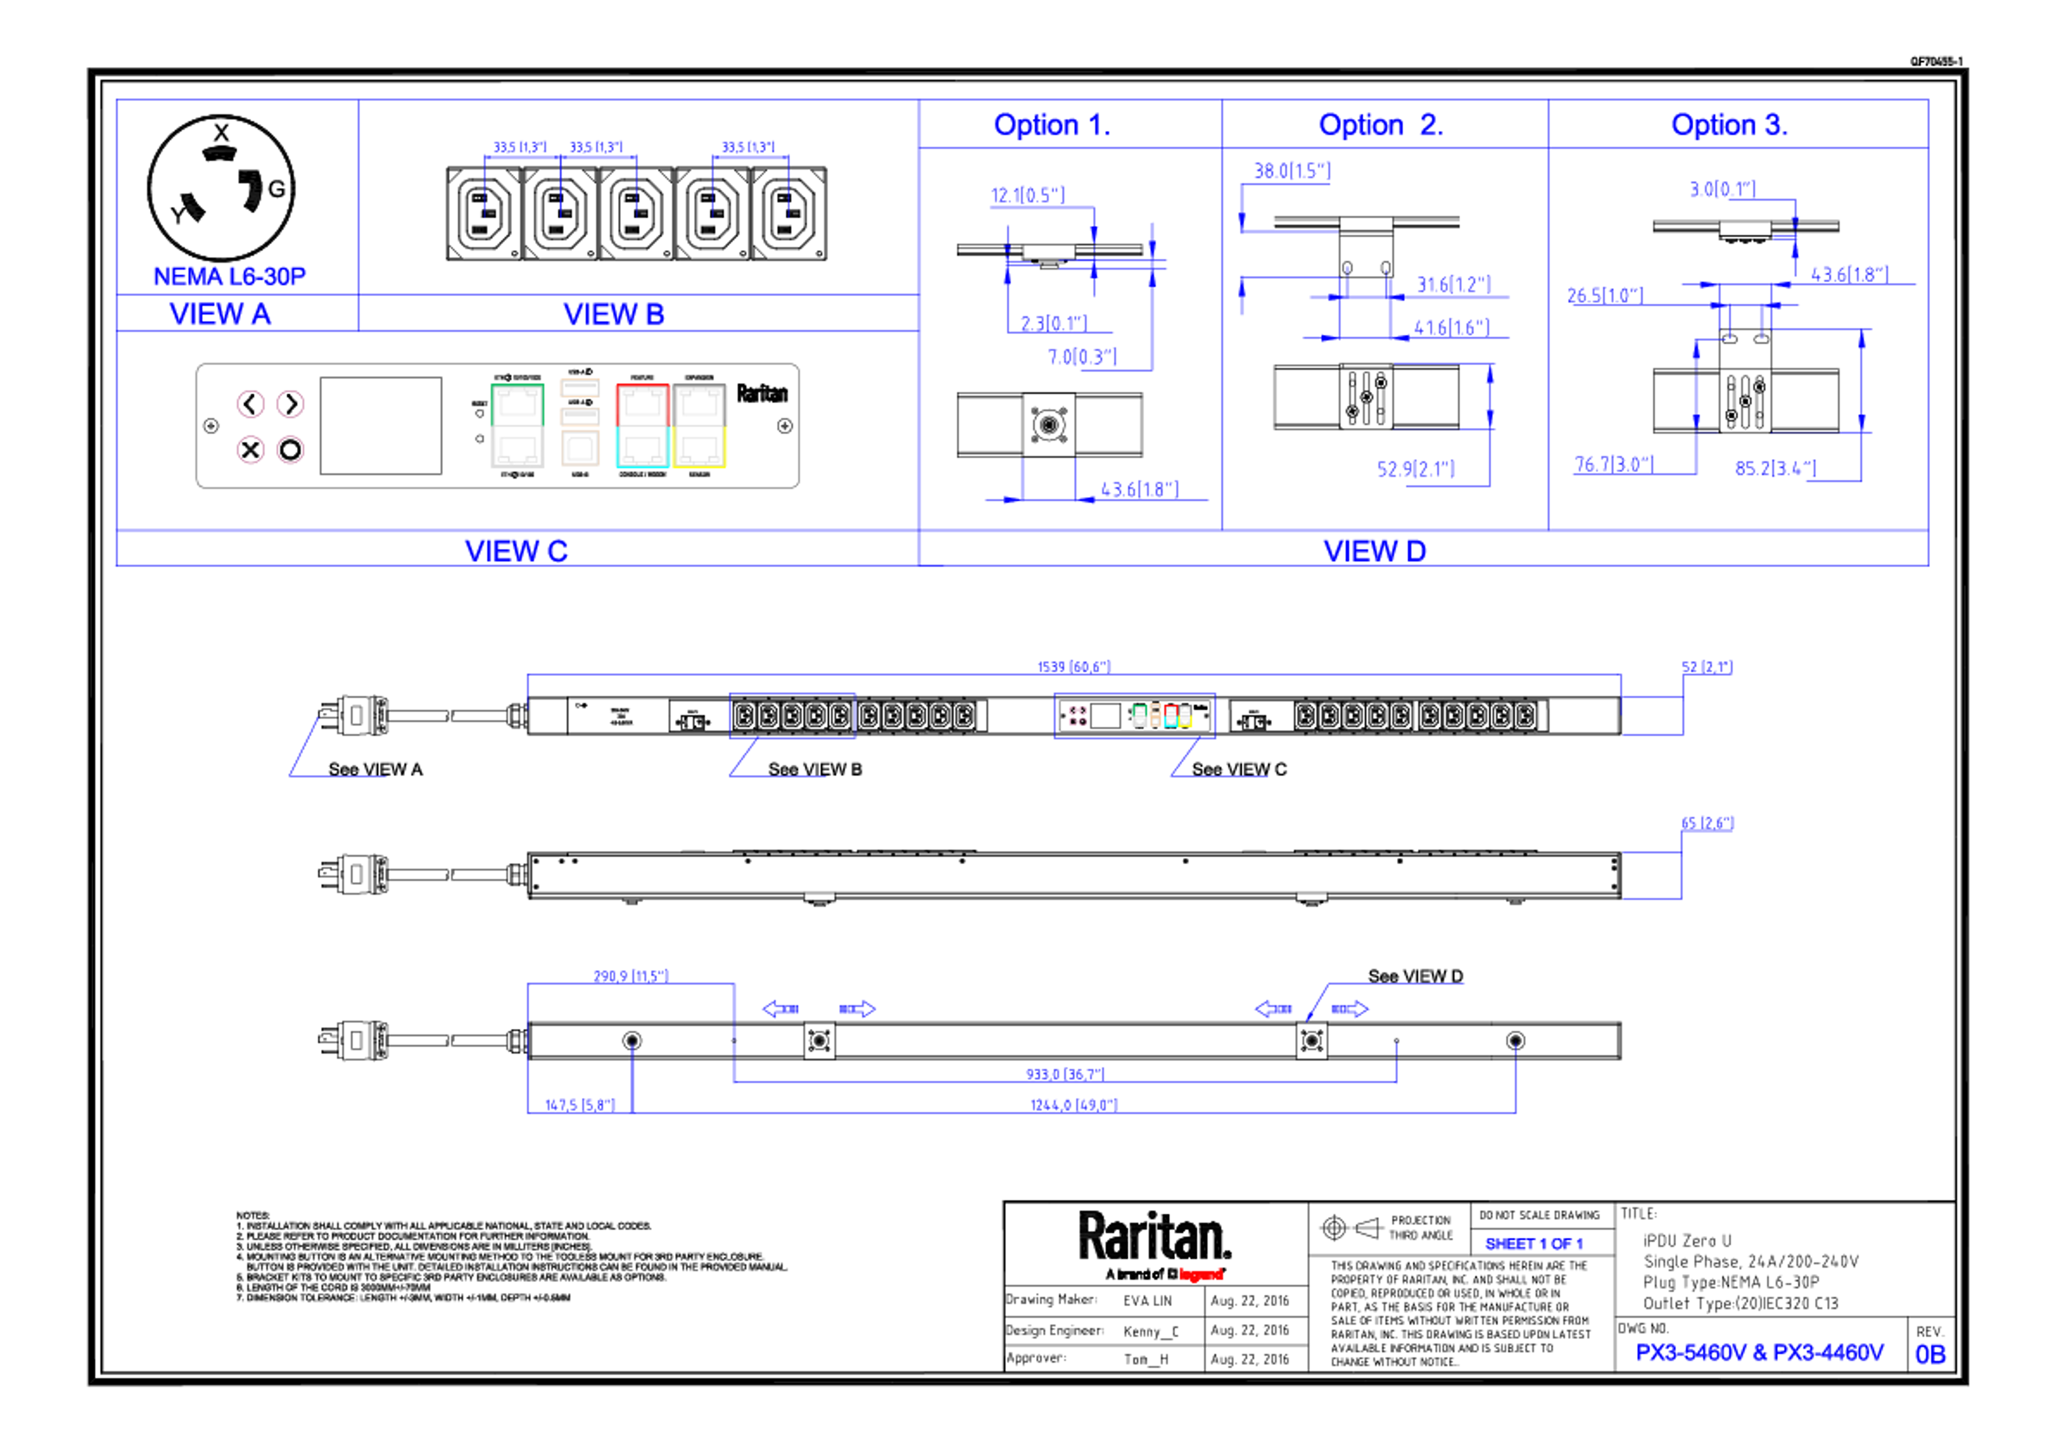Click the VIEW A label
click(220, 314)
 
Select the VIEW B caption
click(614, 314)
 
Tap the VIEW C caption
click(516, 550)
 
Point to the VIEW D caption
click(1375, 550)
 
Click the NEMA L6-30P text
click(229, 275)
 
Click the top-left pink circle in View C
click(251, 404)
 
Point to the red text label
click(1200, 1274)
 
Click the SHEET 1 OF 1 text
click(1534, 1244)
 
